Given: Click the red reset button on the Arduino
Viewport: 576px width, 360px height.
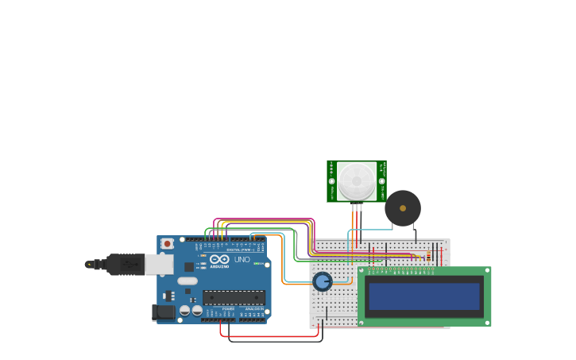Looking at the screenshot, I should pos(167,243).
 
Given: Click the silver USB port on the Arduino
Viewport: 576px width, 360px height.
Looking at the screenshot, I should pos(159,264).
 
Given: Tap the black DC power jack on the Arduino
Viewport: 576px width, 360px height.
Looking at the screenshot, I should pos(164,312).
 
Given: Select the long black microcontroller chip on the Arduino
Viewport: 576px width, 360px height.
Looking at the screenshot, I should pos(234,297).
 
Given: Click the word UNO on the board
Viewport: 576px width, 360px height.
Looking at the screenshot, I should pos(242,260).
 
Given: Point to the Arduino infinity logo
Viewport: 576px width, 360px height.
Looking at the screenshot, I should pos(220,259).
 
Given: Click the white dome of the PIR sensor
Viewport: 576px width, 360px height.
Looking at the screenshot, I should pos(357,181).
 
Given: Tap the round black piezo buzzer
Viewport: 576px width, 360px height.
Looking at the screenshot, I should pos(403,208).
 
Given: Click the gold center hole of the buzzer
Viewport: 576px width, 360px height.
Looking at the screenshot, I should pos(403,208).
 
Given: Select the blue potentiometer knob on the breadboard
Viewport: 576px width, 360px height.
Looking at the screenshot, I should pos(322,281).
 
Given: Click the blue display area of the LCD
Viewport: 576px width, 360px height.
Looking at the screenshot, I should pos(424,296).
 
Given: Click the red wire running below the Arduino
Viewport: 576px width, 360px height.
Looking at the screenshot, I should pos(270,336).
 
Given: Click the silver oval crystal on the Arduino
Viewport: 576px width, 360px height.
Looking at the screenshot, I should pos(187,281).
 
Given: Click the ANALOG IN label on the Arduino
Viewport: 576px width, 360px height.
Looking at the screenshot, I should pos(253,308).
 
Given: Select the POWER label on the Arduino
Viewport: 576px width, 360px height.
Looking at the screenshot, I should pos(228,308).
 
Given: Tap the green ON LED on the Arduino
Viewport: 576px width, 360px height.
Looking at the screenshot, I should pos(257,264).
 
